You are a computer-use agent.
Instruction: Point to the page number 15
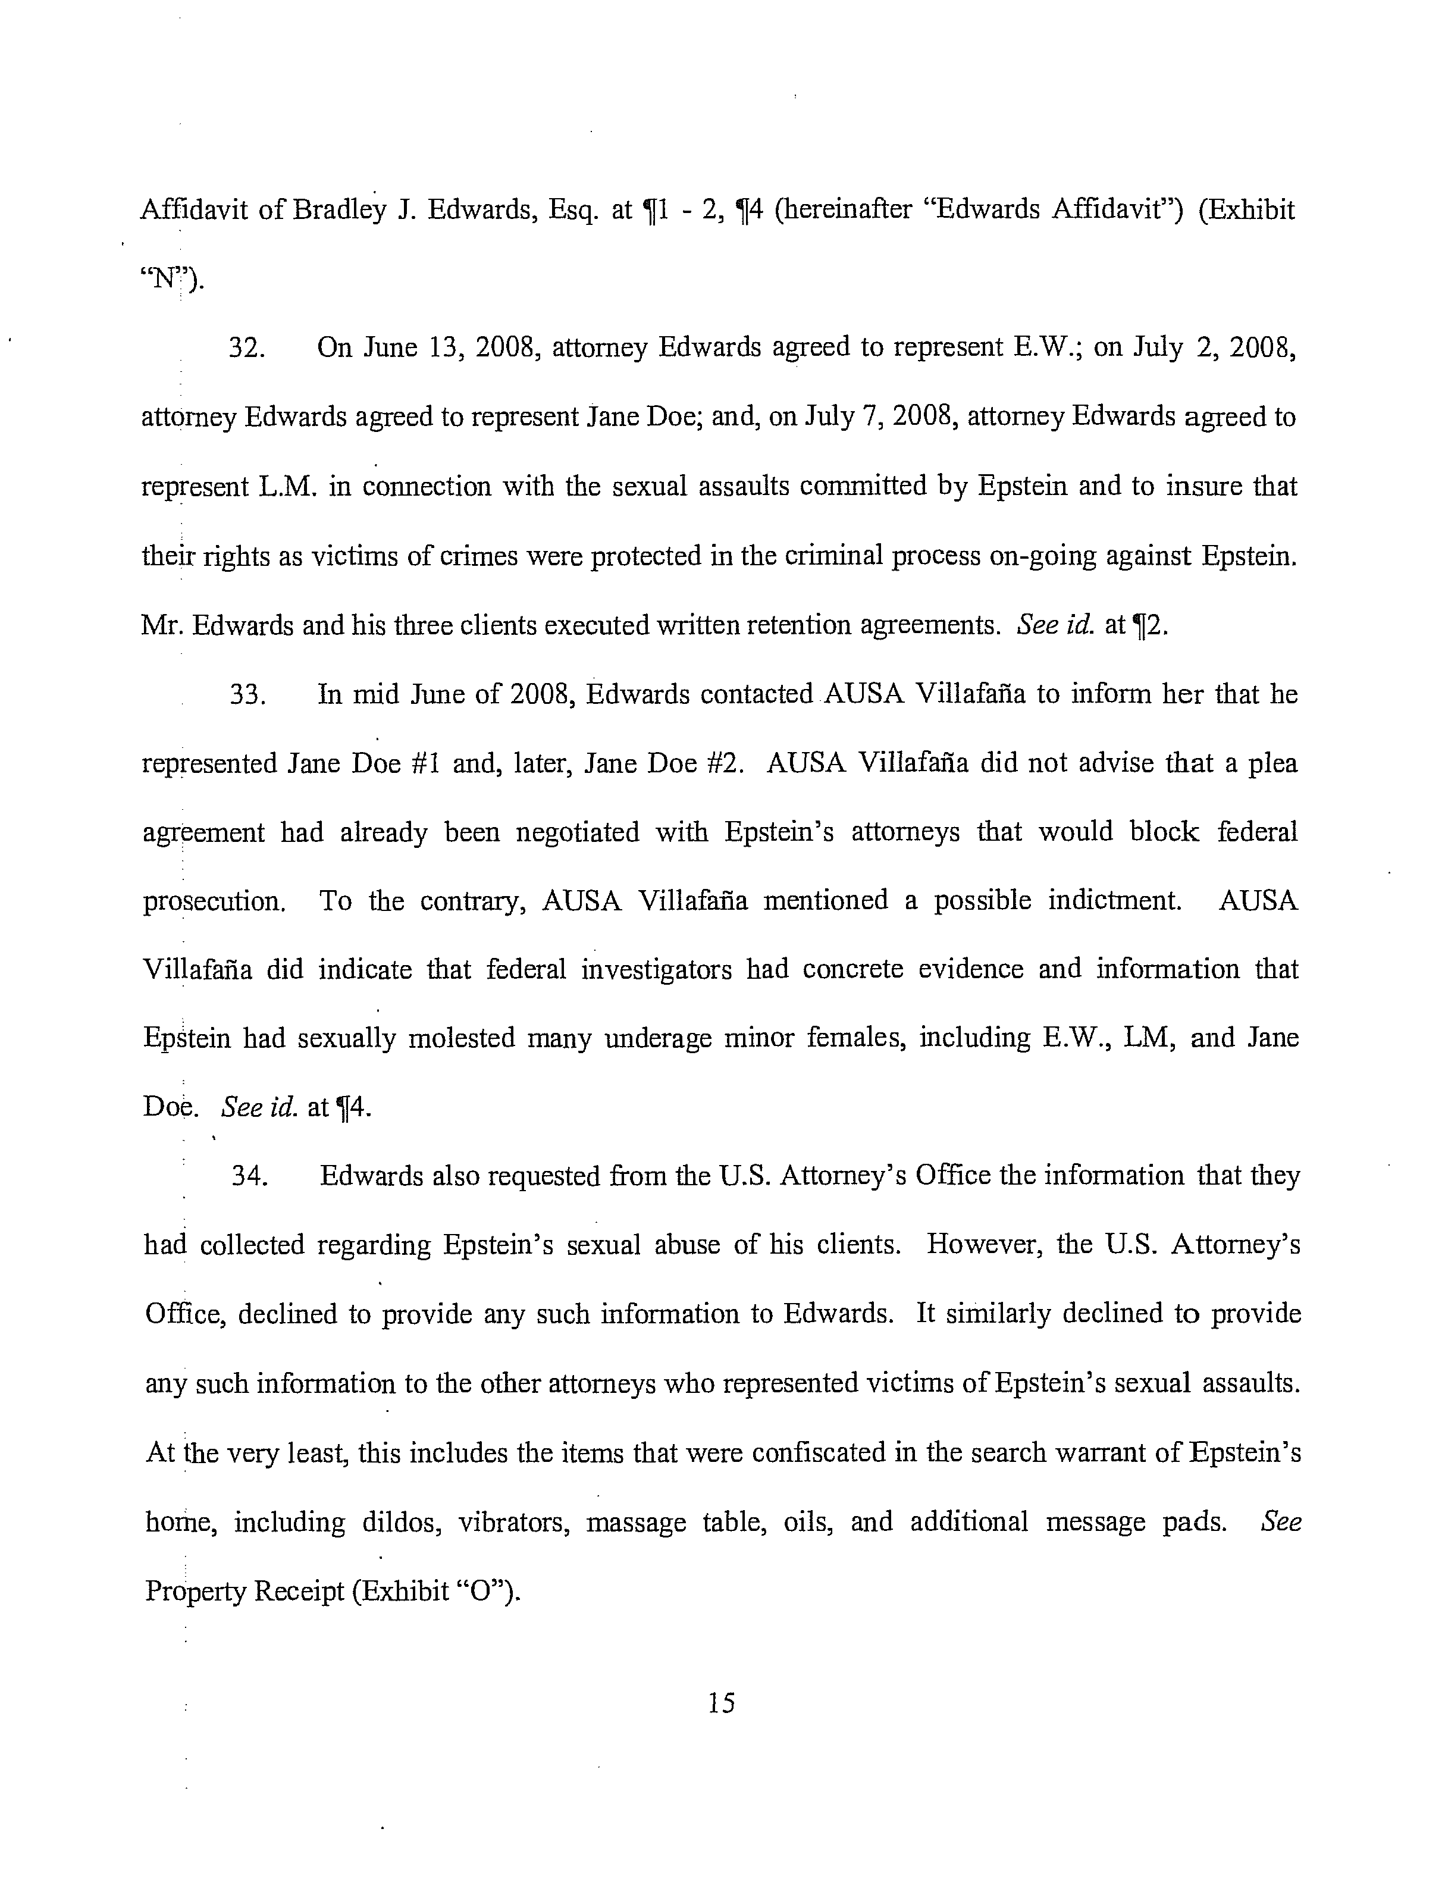721,1702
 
